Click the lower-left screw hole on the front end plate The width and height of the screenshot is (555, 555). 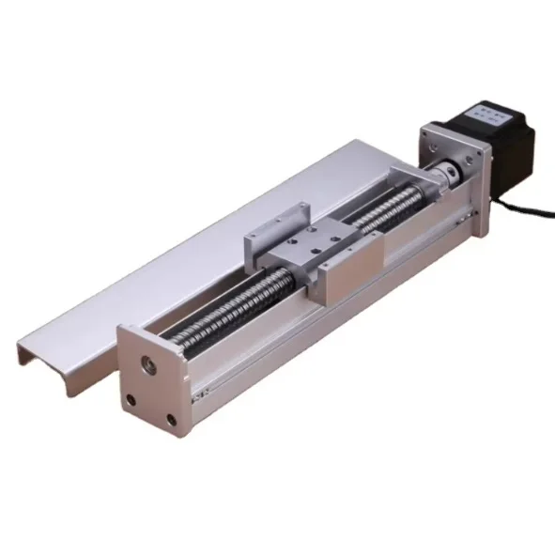131,401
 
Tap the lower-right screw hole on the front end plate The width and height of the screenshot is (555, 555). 171,421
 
